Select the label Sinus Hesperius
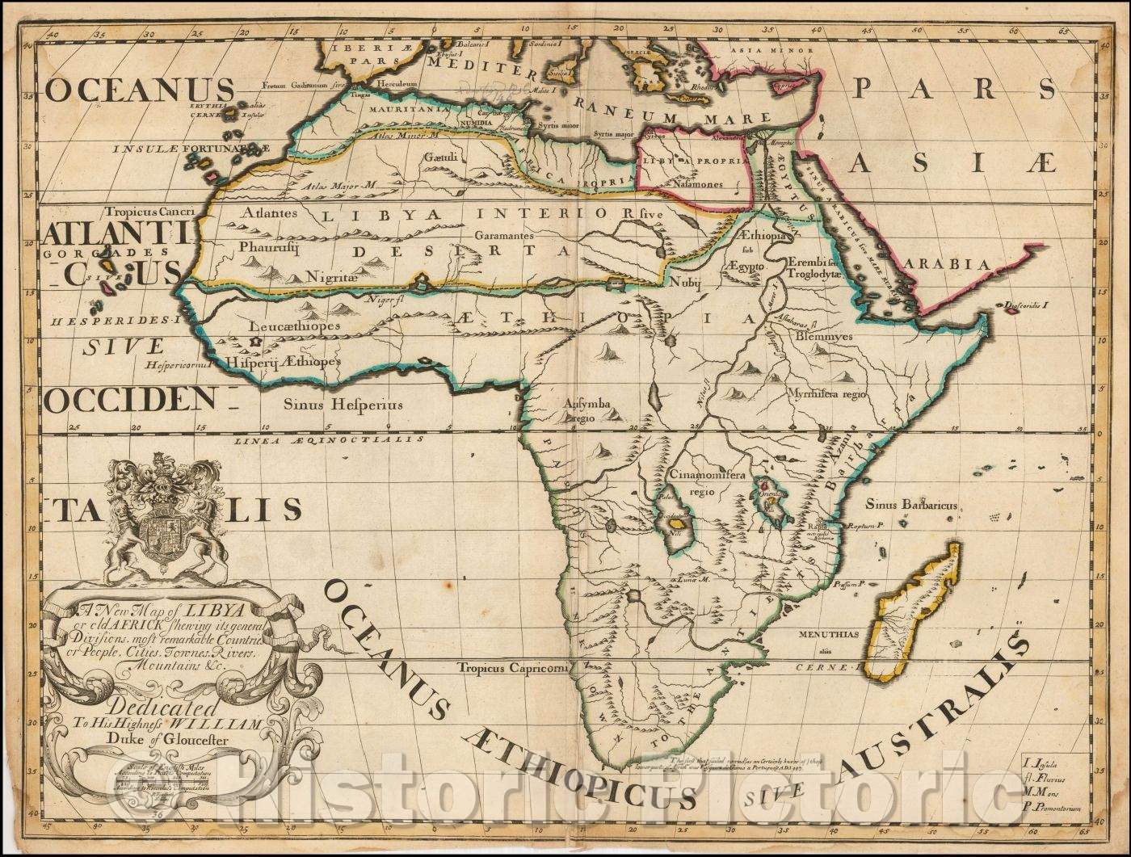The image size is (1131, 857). [x=342, y=405]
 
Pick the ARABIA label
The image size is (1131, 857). [x=947, y=264]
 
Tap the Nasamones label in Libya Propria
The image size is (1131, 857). [x=698, y=184]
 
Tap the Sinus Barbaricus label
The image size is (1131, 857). [x=911, y=505]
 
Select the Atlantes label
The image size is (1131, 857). [x=270, y=213]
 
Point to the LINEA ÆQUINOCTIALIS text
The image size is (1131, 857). [x=330, y=440]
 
